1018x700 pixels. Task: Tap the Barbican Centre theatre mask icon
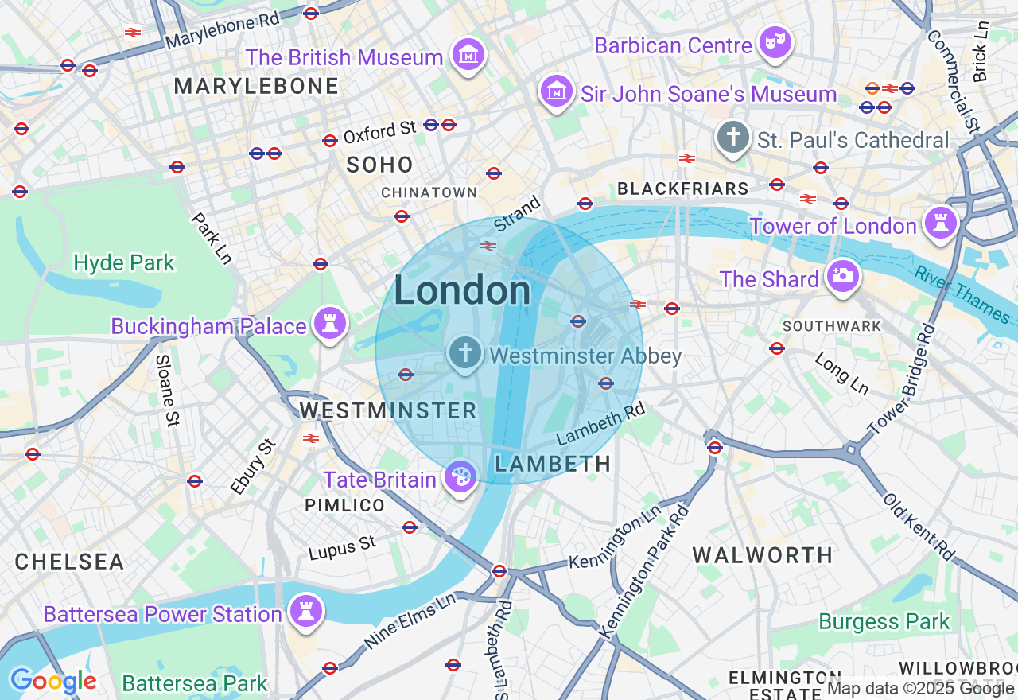tap(774, 43)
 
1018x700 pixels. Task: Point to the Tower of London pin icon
tap(941, 224)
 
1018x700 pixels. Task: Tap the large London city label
tap(462, 291)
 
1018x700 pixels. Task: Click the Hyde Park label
tap(123, 263)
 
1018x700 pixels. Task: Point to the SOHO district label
tap(379, 165)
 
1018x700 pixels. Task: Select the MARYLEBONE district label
tap(256, 86)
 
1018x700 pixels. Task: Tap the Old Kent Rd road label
tap(919, 526)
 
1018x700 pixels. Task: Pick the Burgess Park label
tap(884, 621)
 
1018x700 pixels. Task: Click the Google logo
tap(53, 681)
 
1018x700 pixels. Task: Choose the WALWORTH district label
tap(762, 555)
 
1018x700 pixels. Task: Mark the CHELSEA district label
tap(70, 562)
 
